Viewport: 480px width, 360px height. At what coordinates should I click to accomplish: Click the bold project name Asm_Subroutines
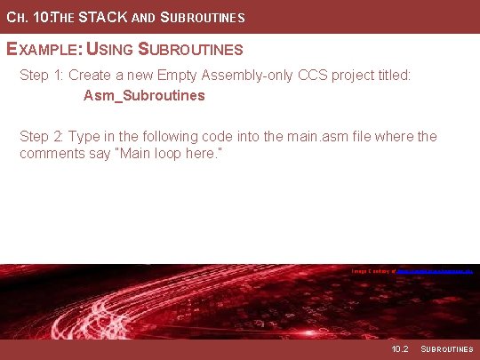(x=144, y=95)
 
